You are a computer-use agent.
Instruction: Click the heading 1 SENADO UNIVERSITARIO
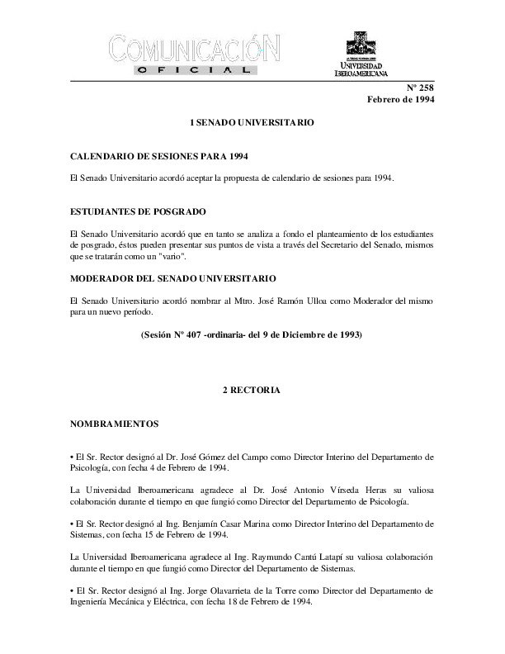coord(252,121)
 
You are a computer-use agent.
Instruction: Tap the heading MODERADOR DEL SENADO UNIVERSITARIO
coord(172,278)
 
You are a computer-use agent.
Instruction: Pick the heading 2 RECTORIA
coord(252,388)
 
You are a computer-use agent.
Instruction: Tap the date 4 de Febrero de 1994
coord(153,468)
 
